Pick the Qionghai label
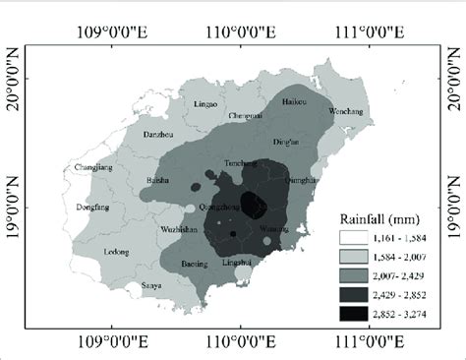pyautogui.click(x=302, y=180)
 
